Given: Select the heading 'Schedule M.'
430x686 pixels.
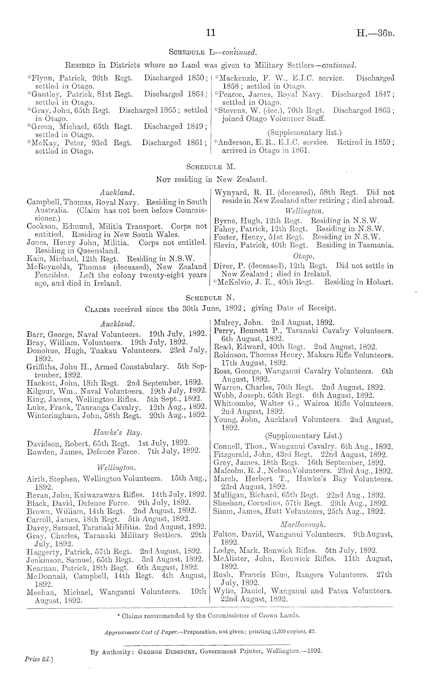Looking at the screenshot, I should (x=210, y=167).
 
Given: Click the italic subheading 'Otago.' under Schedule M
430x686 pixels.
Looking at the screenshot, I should (x=304, y=256).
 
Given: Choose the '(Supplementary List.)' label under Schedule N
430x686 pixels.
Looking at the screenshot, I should (x=303, y=436).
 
